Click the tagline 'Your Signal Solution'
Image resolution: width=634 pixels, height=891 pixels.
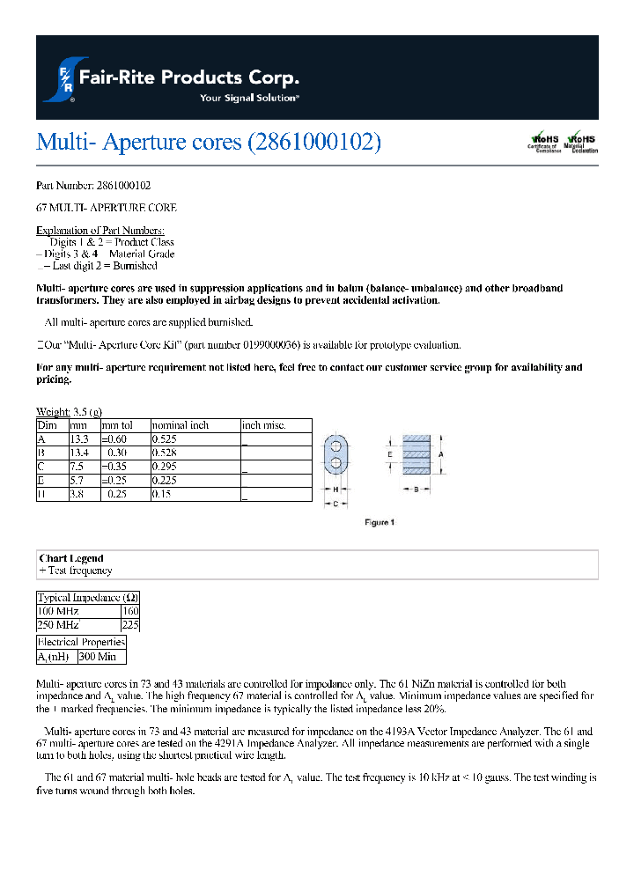pyautogui.click(x=249, y=98)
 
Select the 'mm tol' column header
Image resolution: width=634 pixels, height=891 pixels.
pyautogui.click(x=117, y=425)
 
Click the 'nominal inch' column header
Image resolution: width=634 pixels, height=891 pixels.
pyautogui.click(x=181, y=425)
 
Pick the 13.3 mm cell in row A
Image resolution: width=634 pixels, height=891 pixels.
pyautogui.click(x=79, y=438)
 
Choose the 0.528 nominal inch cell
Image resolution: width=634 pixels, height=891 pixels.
pyautogui.click(x=166, y=452)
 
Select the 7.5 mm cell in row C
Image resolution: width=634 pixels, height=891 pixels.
pyautogui.click(x=77, y=467)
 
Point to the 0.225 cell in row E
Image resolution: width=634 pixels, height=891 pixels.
pyautogui.click(x=166, y=480)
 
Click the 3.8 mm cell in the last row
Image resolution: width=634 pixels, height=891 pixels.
pyautogui.click(x=77, y=495)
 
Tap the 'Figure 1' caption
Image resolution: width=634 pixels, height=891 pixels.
pyautogui.click(x=380, y=522)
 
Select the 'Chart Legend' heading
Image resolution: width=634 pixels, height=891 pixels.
pyautogui.click(x=71, y=558)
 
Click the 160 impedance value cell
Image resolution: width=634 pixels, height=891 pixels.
pyautogui.click(x=130, y=611)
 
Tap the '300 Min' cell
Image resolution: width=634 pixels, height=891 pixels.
pyautogui.click(x=100, y=657)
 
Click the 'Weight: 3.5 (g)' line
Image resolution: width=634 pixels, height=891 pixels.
pyautogui.click(x=69, y=412)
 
